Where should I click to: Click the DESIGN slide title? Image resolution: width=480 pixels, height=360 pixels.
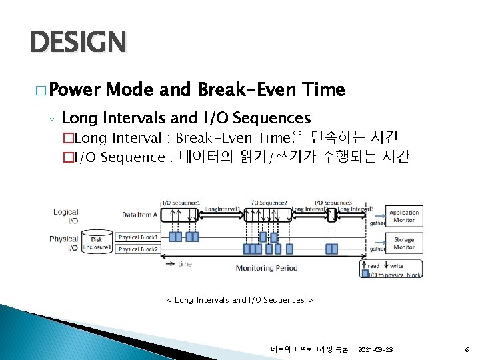[x=77, y=43]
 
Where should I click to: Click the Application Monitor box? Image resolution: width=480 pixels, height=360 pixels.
[x=404, y=216]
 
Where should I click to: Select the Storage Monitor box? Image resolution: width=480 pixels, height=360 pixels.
[x=404, y=243]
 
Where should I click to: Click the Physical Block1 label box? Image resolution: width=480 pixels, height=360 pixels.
[x=138, y=237]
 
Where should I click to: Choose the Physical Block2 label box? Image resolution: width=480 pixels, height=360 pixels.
[x=138, y=249]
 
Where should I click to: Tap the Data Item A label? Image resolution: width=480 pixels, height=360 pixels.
[x=140, y=214]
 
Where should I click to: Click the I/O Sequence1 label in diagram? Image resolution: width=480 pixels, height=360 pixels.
[x=181, y=202]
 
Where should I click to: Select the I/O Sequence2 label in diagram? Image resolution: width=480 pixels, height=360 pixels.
[x=269, y=202]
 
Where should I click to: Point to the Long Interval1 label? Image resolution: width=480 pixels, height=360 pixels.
[x=223, y=209]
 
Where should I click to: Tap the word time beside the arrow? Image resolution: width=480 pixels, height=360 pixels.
[x=185, y=264]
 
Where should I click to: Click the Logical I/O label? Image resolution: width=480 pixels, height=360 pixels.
[x=65, y=216]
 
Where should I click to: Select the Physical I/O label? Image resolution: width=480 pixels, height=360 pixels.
[x=64, y=243]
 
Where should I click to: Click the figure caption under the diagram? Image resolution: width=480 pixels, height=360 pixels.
[x=239, y=300]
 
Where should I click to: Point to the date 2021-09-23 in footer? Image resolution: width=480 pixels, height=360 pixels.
[x=375, y=349]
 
